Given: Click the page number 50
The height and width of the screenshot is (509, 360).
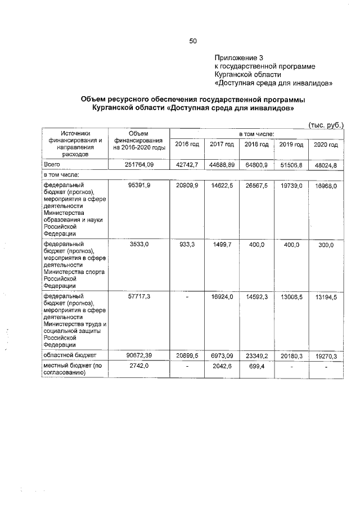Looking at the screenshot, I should (193, 40).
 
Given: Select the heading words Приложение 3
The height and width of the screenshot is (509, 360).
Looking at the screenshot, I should (238, 58).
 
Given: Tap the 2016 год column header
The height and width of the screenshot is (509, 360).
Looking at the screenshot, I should (187, 145).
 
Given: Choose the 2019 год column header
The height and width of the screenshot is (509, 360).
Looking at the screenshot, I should (291, 145).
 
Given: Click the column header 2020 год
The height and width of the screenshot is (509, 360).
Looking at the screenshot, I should (326, 145).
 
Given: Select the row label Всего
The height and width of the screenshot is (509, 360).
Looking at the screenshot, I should (52, 164).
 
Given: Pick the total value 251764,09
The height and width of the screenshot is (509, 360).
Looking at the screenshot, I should (138, 164).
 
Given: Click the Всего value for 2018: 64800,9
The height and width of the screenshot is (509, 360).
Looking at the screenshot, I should (256, 164).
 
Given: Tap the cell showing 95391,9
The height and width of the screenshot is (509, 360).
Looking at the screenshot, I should (138, 185).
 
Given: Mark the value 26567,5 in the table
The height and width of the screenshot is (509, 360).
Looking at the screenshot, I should (256, 185).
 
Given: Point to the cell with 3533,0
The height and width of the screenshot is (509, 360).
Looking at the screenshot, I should (138, 245).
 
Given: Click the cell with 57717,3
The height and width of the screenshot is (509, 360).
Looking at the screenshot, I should (138, 296).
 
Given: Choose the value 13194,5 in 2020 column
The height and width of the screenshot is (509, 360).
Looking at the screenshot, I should (326, 296).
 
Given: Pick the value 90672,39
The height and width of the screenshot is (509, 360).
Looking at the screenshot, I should (138, 355).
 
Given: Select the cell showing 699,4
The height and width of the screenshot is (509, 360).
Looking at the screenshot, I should (256, 366).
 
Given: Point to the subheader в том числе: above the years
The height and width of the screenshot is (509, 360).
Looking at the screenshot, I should (256, 134).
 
